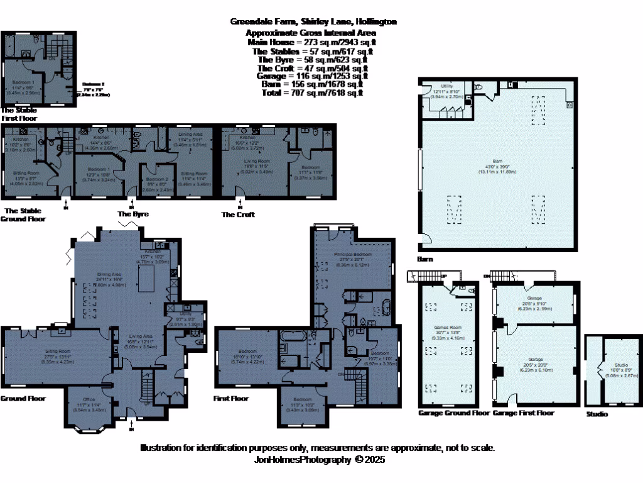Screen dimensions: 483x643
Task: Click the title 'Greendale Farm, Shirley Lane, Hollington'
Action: coord(313,21)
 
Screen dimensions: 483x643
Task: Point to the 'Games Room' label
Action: coord(445,328)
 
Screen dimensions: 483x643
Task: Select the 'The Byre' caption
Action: coord(133,214)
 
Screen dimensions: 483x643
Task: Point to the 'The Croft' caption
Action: coord(238,214)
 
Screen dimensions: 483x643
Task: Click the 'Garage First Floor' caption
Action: coord(524,413)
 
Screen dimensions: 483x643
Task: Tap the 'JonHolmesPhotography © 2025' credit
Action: coord(318,460)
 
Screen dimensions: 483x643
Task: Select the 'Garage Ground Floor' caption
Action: coord(453,413)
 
